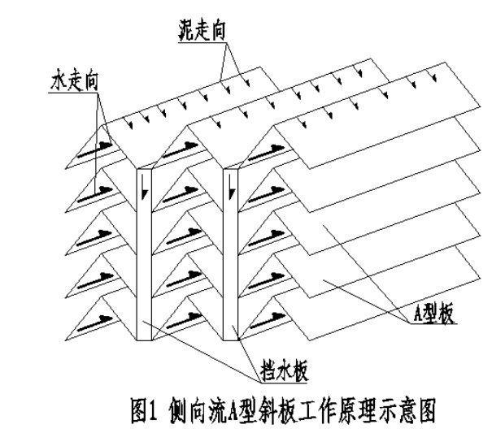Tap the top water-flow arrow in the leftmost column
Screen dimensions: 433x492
click(x=98, y=148)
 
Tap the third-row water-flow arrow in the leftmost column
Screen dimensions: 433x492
click(x=98, y=231)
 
